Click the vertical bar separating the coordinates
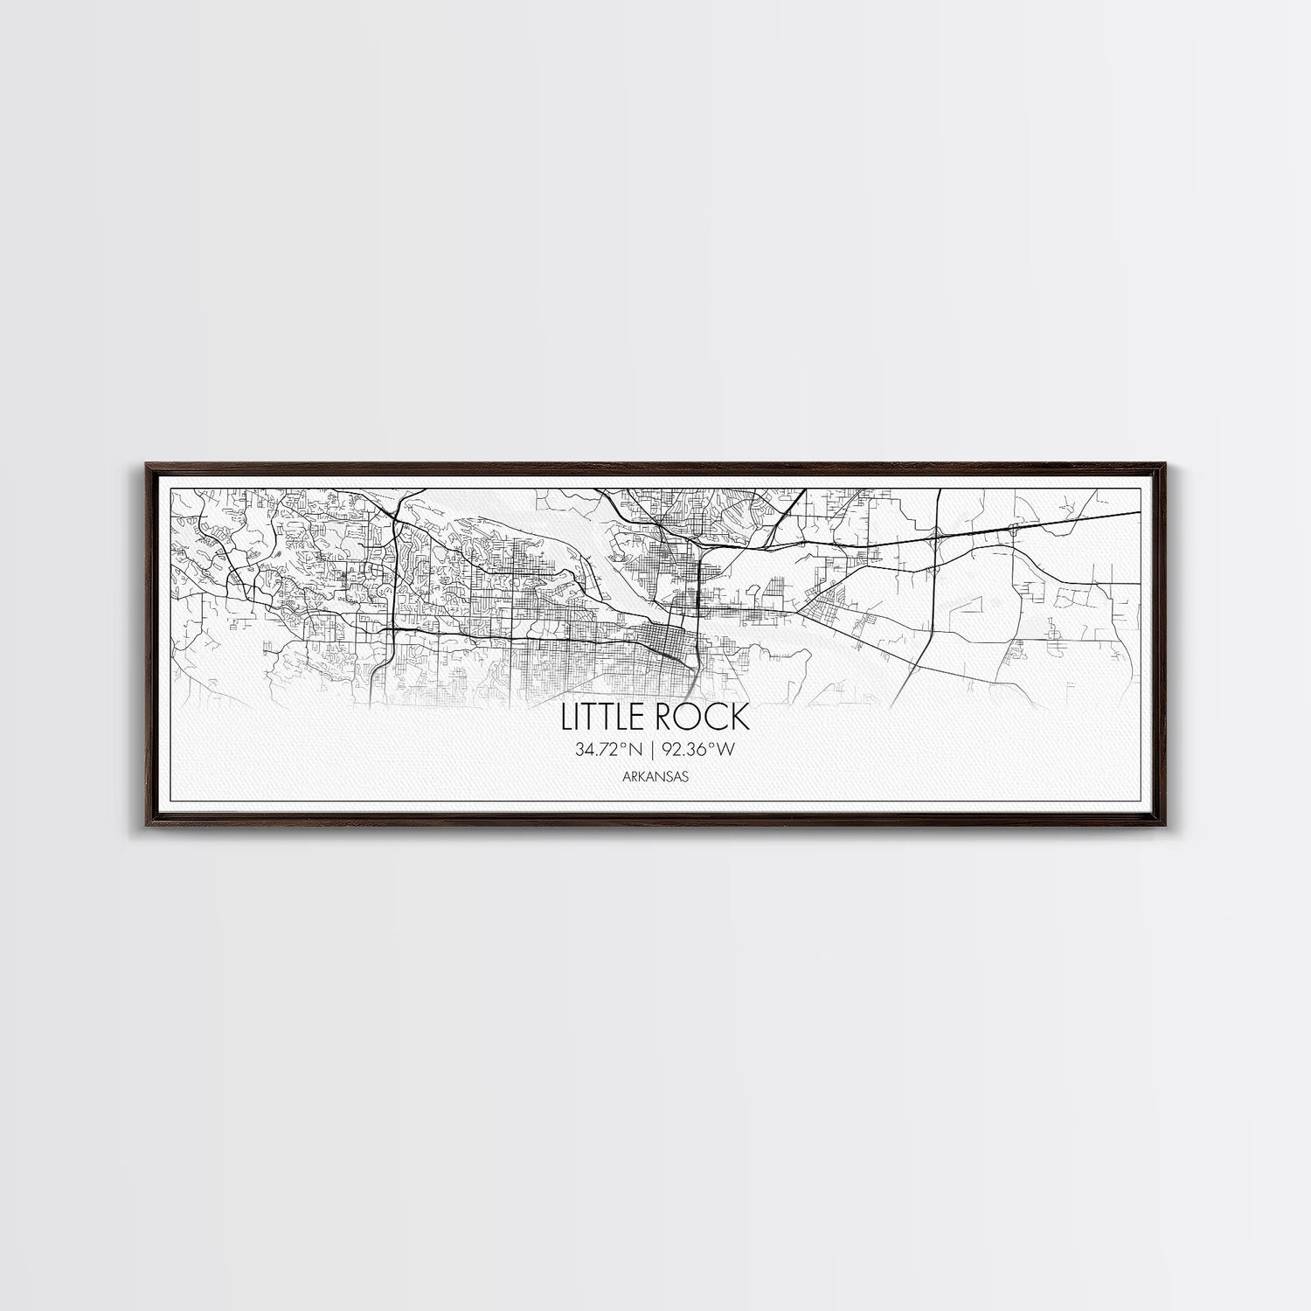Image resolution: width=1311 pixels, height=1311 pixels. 652,748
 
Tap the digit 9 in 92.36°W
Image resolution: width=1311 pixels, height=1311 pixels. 667,748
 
